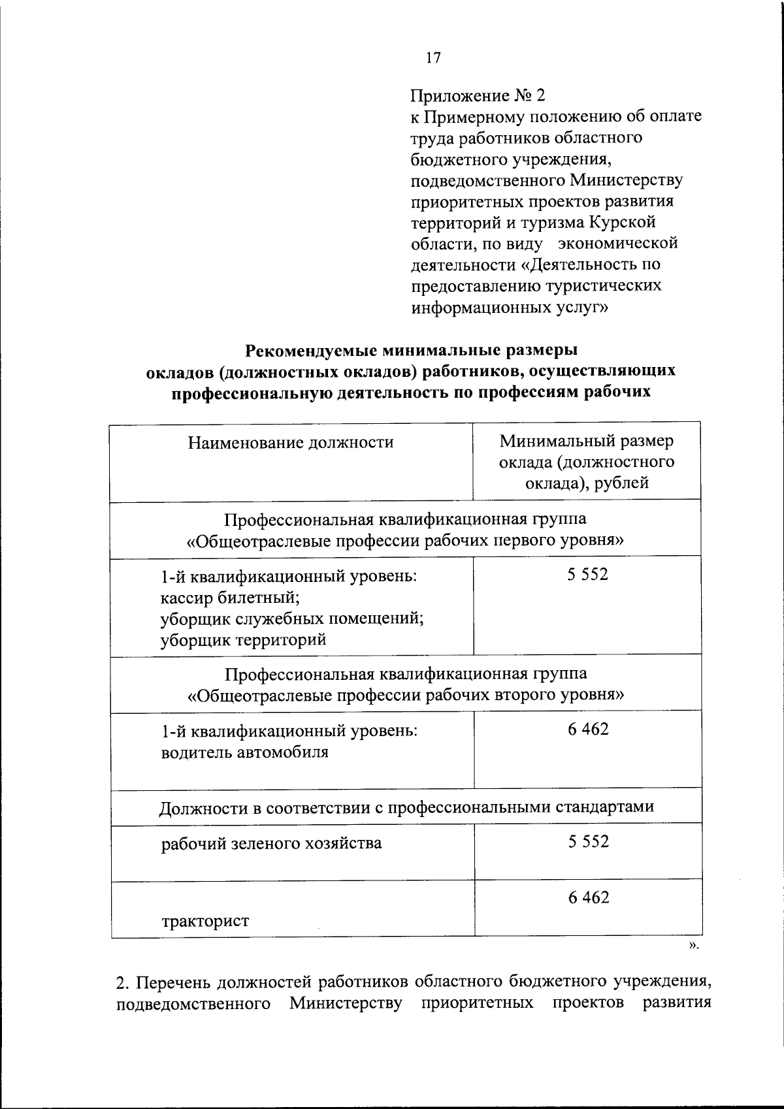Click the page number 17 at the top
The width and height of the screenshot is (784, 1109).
click(433, 58)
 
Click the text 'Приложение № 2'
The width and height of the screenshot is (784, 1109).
click(477, 96)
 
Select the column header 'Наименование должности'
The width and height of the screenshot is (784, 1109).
click(291, 443)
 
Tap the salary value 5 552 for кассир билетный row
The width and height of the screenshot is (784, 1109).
click(588, 575)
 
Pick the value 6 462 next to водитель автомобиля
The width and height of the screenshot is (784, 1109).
click(588, 730)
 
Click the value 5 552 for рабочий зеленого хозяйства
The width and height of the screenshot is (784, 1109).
click(588, 842)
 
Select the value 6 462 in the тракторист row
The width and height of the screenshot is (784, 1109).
click(588, 898)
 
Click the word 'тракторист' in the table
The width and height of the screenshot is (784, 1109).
click(205, 922)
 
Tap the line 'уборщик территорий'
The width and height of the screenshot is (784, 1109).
click(243, 639)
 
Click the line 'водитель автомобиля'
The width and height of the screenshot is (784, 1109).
click(244, 752)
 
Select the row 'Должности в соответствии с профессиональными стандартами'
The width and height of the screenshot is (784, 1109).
click(406, 807)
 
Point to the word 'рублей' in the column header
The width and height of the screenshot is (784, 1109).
click(625, 483)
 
